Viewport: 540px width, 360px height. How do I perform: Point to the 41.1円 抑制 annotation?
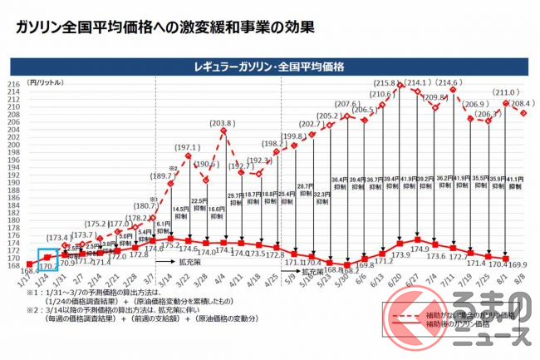[515, 183]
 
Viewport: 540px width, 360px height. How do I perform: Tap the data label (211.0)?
[505, 93]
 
